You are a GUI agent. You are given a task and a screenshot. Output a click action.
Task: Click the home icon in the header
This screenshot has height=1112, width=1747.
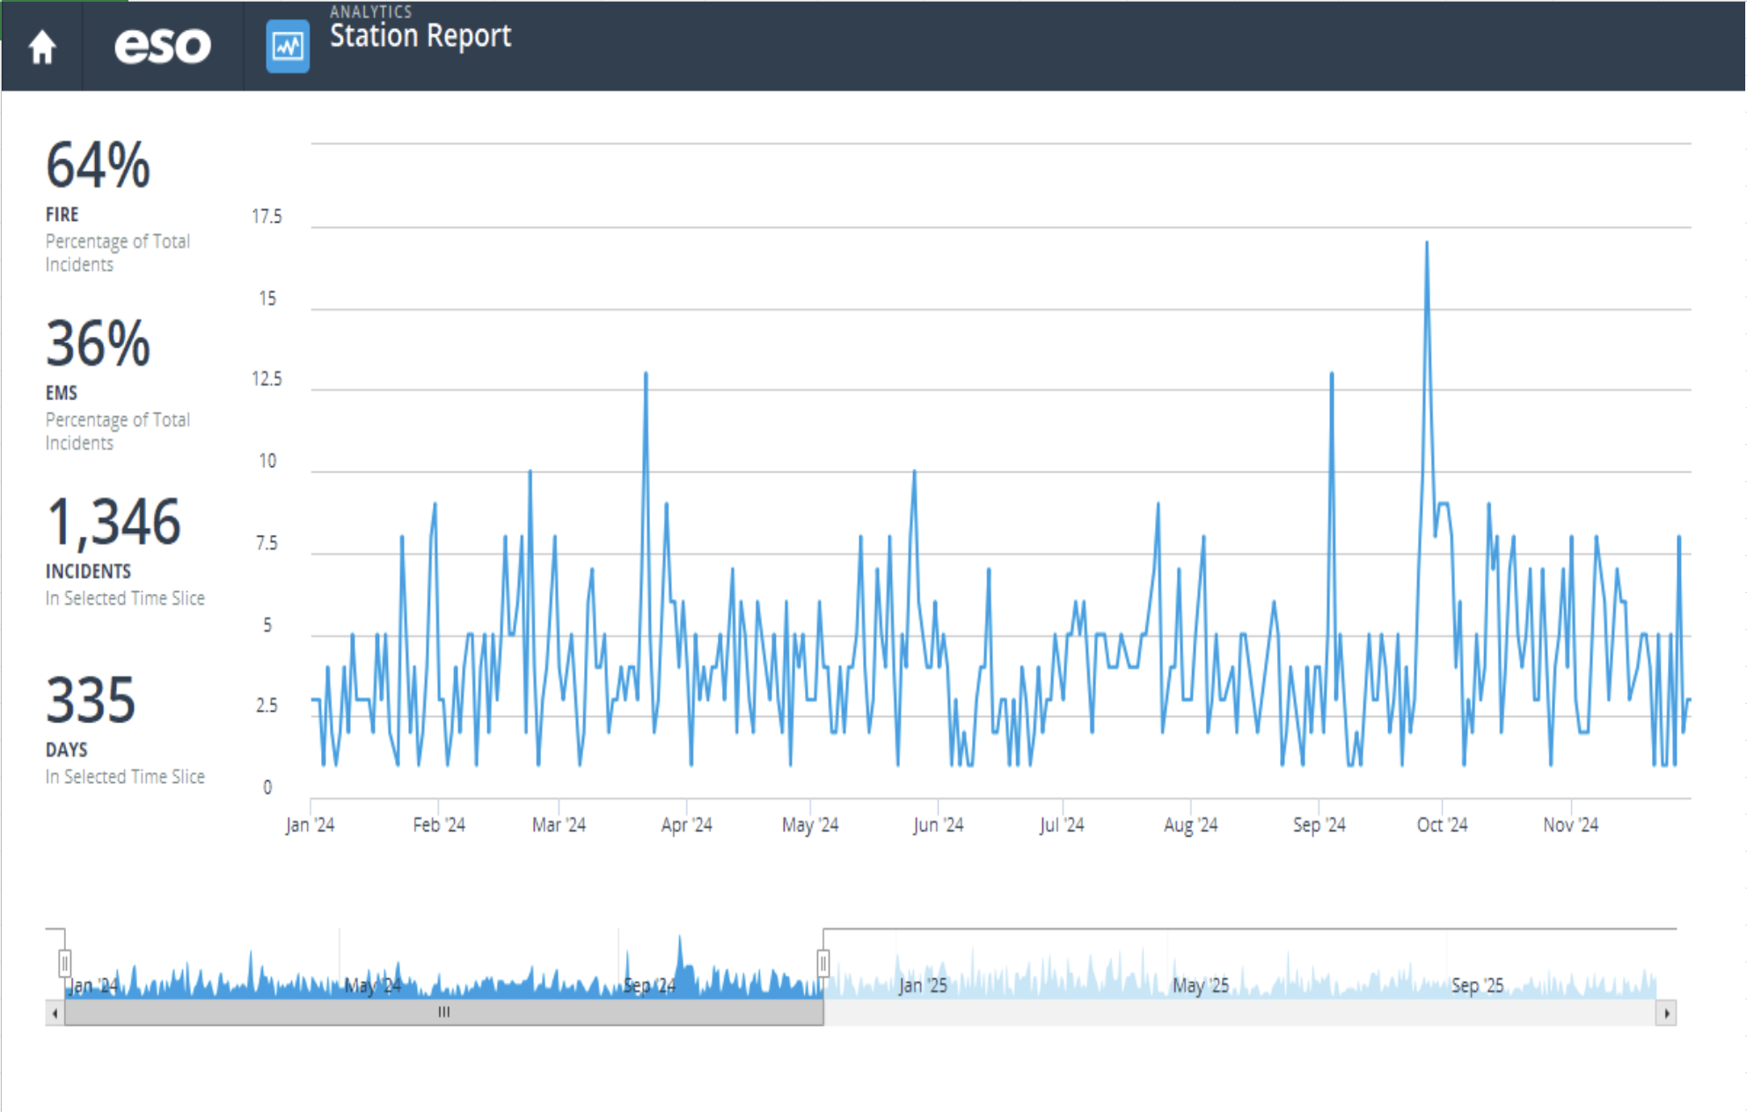[x=42, y=47]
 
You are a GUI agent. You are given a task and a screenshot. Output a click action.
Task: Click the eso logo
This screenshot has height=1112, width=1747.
[x=163, y=46]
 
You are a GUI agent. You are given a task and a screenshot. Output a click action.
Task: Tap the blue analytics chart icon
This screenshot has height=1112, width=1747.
[x=288, y=46]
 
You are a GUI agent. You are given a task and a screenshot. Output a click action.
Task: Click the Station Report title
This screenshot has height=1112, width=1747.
[x=420, y=36]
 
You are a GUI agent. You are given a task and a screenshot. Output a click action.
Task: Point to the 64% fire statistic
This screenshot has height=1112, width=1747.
[x=99, y=165]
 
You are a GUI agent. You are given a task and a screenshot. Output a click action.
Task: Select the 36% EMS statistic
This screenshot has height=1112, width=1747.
[x=99, y=344]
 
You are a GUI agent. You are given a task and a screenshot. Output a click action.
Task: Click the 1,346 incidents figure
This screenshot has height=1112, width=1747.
[x=113, y=523]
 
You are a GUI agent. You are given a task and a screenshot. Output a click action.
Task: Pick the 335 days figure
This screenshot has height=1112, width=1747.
[x=91, y=701]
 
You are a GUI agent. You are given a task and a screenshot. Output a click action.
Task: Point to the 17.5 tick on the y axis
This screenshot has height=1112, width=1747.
[x=267, y=216]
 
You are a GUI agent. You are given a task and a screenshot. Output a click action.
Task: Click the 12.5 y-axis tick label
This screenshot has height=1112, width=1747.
[x=267, y=379]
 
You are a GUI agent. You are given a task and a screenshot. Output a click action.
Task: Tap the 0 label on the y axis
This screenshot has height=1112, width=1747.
[x=267, y=787]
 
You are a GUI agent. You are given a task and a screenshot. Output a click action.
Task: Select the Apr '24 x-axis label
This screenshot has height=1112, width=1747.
[x=686, y=825]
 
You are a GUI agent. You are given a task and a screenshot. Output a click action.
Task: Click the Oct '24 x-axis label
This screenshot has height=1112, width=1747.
[x=1442, y=825]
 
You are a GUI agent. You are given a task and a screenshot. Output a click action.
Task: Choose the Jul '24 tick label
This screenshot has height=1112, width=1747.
[x=1062, y=825]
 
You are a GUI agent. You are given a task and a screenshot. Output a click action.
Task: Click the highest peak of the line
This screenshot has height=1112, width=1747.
[x=1426, y=244]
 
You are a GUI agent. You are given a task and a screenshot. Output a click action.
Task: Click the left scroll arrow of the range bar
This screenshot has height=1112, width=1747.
[x=55, y=1013]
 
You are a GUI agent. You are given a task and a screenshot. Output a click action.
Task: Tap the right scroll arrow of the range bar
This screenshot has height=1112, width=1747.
[x=1666, y=1013]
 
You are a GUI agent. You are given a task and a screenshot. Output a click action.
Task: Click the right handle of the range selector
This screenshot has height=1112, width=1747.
[x=823, y=963]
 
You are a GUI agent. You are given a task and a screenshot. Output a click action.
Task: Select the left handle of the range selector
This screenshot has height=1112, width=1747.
[x=65, y=963]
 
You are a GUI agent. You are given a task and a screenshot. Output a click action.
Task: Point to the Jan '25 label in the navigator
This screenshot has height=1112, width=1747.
[x=923, y=985]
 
